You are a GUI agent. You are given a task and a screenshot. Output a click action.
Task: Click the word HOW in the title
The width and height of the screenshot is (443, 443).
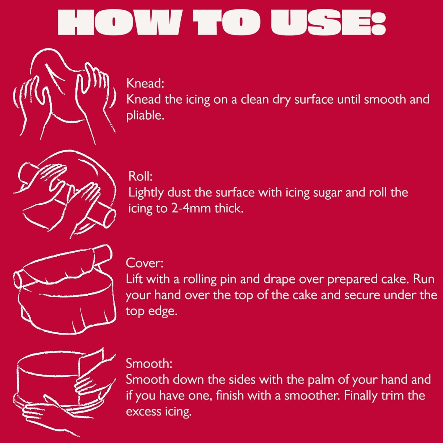point(118,23)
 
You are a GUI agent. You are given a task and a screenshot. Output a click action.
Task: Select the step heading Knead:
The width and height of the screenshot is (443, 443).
point(145,83)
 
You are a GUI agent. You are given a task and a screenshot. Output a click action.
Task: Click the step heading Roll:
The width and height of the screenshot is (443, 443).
point(140,176)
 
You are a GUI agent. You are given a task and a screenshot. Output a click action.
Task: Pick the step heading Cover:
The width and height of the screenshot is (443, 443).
point(144,263)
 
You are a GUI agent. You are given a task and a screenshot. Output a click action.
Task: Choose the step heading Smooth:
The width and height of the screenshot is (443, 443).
point(149,363)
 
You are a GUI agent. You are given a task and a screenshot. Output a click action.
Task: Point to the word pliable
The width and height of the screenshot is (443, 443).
point(145,115)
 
